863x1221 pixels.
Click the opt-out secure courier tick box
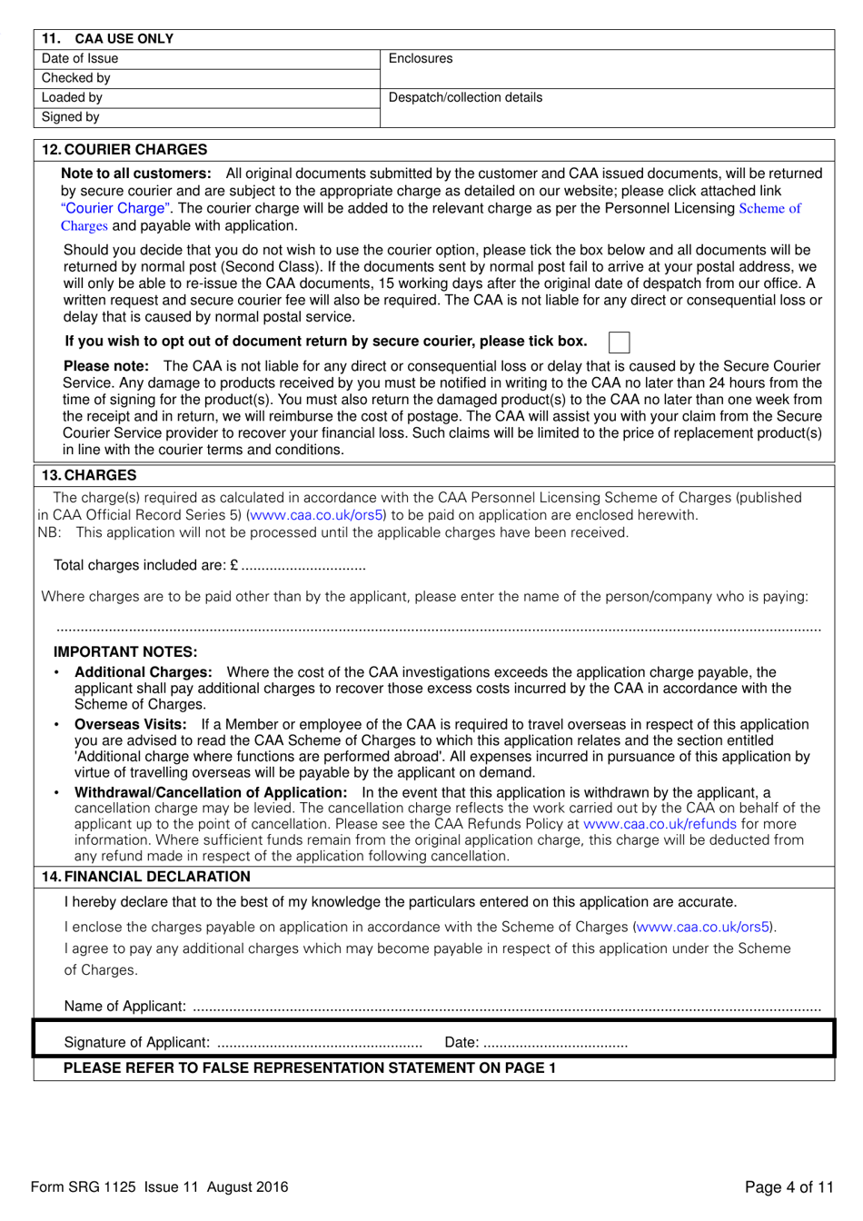(x=619, y=342)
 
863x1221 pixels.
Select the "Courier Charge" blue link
(x=114, y=209)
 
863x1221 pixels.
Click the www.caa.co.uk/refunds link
(x=660, y=824)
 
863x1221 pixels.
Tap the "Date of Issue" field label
(x=80, y=59)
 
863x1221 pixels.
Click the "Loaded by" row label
(x=72, y=97)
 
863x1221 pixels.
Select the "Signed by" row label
(x=70, y=117)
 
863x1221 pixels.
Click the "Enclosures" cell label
(x=420, y=59)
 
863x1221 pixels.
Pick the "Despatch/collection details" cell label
(x=465, y=97)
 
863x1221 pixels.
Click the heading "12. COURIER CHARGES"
(x=124, y=150)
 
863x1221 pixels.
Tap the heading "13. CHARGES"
(x=89, y=475)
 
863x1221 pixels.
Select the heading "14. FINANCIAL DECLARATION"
(x=145, y=877)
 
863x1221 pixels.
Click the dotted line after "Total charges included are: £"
(x=303, y=567)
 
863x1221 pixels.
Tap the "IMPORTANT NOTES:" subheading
(x=125, y=652)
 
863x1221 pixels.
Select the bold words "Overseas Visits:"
(x=131, y=725)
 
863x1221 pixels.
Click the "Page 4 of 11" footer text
(x=789, y=1187)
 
